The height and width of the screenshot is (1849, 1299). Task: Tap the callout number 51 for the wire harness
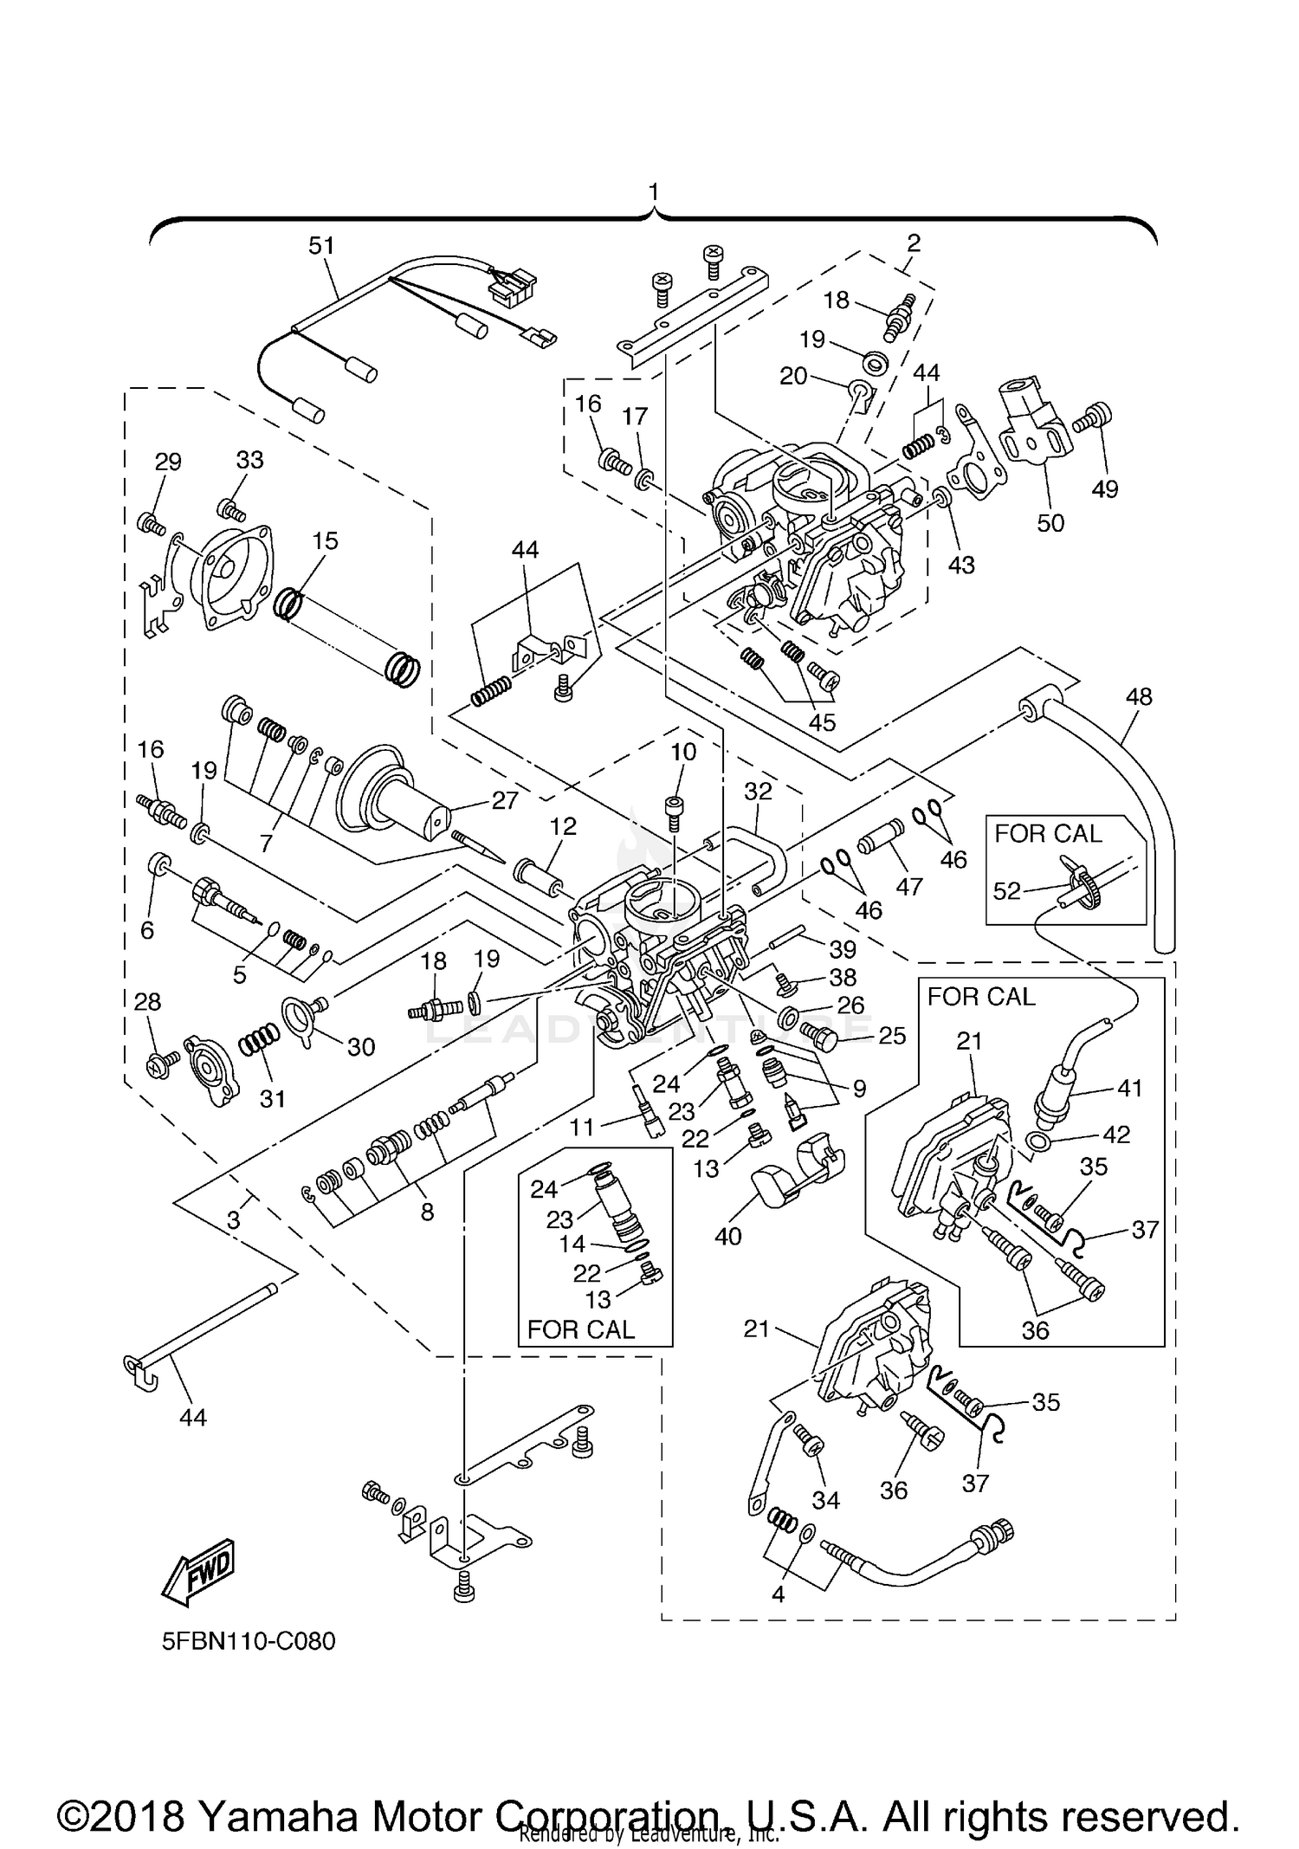321,246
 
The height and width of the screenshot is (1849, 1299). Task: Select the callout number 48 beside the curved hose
1139,696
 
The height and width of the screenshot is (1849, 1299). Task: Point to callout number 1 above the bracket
654,191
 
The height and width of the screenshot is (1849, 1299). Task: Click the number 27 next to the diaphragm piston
504,799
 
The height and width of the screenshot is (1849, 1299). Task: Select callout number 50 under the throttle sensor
1050,523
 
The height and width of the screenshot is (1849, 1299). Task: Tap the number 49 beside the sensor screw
1104,488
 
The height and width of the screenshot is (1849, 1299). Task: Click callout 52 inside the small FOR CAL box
1006,891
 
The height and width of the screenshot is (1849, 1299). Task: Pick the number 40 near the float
727,1236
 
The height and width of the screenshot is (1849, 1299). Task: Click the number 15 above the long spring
325,541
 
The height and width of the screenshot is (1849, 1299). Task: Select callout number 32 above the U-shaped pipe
758,791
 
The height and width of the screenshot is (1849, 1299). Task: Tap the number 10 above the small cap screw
683,752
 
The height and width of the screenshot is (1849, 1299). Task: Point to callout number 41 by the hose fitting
1129,1089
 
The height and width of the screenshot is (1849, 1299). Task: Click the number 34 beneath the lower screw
825,1500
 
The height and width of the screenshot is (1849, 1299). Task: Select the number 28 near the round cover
147,1002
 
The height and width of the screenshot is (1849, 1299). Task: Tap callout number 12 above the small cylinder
563,827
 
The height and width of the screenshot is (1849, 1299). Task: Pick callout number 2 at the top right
913,242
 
